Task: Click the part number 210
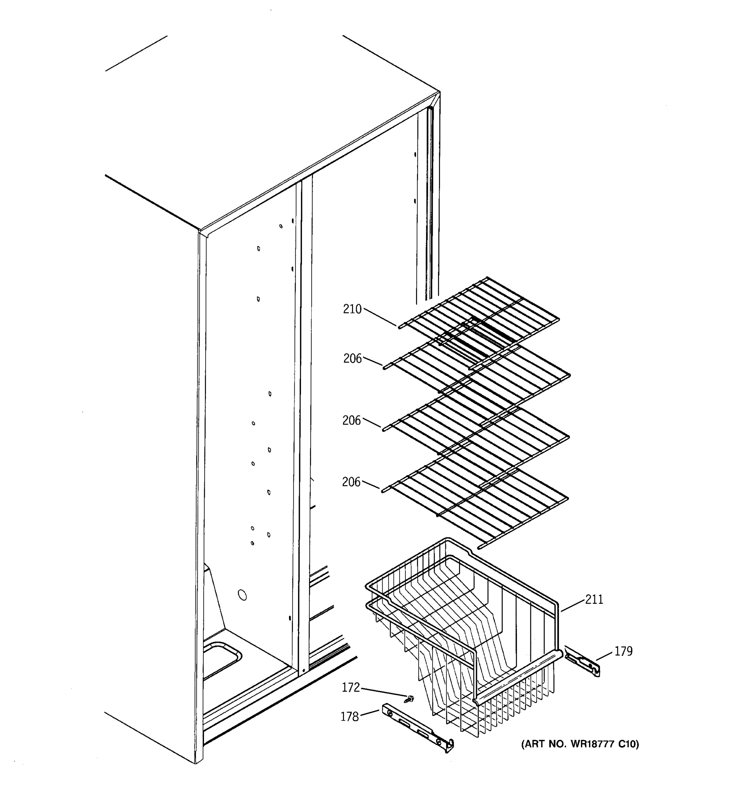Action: (352, 309)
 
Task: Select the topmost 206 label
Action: (352, 359)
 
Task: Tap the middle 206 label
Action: (352, 421)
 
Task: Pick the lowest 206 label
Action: (351, 482)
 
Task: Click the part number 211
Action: (594, 600)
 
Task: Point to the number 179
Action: (623, 651)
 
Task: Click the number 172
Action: (350, 688)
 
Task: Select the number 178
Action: (349, 717)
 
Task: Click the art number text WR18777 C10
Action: (580, 744)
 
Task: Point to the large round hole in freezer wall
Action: (242, 595)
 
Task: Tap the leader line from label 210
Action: (380, 318)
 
